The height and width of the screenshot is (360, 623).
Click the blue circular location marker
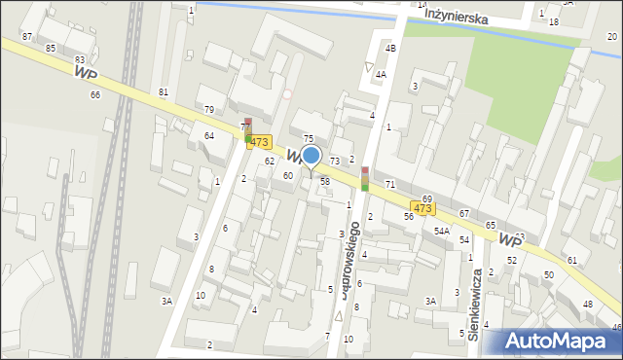click(x=311, y=155)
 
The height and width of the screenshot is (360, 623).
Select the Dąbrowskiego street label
click(x=347, y=259)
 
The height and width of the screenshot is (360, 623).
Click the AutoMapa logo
click(x=559, y=340)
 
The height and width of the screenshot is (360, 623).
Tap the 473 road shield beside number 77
click(x=258, y=142)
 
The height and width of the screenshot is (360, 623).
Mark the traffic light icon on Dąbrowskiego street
click(x=365, y=178)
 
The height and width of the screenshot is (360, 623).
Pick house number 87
click(x=27, y=36)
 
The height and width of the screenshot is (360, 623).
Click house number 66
click(x=94, y=94)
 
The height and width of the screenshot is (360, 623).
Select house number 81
click(x=164, y=91)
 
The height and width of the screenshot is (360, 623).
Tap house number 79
click(x=208, y=109)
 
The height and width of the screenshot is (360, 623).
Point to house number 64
click(x=209, y=135)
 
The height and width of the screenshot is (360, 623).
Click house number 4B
click(x=390, y=48)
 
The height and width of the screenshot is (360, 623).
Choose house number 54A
click(x=441, y=231)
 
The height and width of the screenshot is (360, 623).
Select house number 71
click(x=389, y=184)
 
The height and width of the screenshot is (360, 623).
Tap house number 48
click(x=587, y=305)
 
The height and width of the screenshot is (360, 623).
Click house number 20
click(x=611, y=36)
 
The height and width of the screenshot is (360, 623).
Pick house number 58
click(x=325, y=182)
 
